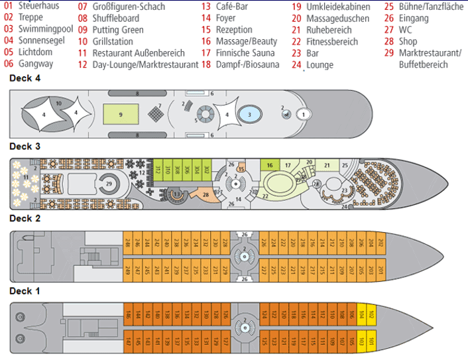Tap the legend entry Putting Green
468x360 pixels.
[117, 30]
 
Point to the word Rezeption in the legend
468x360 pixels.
[234, 30]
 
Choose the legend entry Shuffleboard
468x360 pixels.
[117, 19]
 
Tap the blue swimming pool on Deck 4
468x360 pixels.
[249, 114]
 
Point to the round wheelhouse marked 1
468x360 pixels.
[304, 114]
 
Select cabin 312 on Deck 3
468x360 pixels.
[158, 170]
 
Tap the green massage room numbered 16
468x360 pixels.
[270, 165]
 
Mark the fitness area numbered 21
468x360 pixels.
[327, 165]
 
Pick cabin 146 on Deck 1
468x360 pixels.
[128, 315]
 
